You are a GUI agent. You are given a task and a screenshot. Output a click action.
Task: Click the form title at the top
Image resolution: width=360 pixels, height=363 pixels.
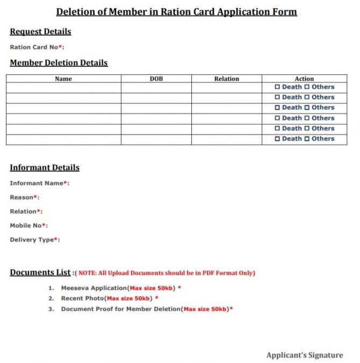(x=176, y=12)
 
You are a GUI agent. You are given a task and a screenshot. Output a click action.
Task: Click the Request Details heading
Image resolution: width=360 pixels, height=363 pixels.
(x=40, y=32)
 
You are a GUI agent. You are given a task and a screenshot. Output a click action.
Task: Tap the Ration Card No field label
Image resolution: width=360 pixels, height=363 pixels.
(x=37, y=47)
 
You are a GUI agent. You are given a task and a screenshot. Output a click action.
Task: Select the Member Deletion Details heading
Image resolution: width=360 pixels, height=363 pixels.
(x=59, y=63)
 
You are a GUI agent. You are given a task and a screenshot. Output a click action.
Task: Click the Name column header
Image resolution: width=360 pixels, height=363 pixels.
(x=63, y=79)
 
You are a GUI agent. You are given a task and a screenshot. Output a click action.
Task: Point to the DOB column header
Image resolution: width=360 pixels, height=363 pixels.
(x=156, y=79)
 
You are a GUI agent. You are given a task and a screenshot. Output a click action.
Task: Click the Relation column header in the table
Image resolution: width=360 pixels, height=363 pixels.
(x=226, y=79)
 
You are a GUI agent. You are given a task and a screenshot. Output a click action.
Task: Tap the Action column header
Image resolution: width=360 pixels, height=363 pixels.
(x=304, y=79)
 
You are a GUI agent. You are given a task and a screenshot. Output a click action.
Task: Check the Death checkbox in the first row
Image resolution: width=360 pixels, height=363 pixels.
(x=277, y=87)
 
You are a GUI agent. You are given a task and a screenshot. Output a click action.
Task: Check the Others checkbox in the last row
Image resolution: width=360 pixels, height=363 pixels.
(x=307, y=139)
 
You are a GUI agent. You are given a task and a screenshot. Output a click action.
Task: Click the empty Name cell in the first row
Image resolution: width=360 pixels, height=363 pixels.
(x=63, y=87)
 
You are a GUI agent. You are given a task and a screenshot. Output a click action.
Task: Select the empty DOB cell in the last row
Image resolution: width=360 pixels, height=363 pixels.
(x=156, y=139)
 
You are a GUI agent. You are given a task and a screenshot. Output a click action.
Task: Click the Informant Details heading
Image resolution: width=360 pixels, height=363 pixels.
(x=45, y=167)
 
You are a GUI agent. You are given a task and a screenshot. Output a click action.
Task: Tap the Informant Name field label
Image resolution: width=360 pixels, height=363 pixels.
(x=39, y=183)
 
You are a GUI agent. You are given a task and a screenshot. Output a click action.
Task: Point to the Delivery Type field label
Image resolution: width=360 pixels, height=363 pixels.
(x=35, y=240)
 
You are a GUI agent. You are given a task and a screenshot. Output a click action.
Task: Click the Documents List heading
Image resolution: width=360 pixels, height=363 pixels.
(x=40, y=273)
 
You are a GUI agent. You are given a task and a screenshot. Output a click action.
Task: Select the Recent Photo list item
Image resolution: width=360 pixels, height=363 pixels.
(x=109, y=298)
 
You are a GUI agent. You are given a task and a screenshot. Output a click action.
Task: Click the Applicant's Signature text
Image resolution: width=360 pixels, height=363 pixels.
(x=304, y=355)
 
